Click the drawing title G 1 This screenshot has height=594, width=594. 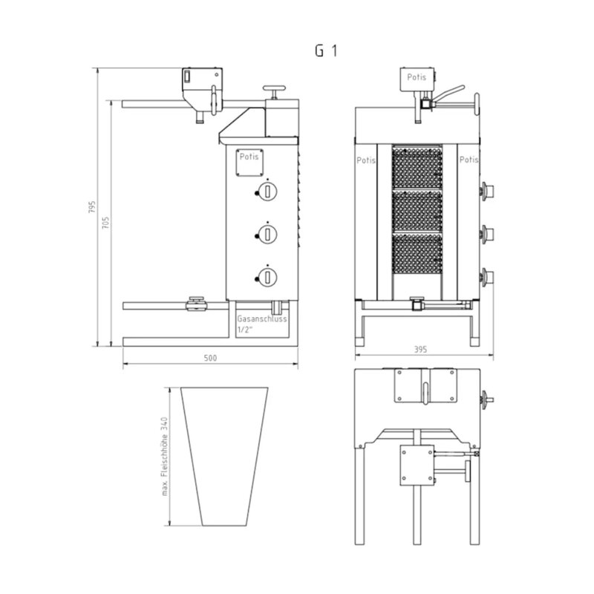(x=326, y=50)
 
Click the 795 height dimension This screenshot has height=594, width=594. (x=92, y=207)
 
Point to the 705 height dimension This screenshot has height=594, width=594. (x=105, y=222)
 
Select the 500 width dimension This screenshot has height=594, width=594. (x=210, y=358)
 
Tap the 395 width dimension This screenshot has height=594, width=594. (x=420, y=349)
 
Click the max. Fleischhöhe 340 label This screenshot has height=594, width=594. (x=164, y=457)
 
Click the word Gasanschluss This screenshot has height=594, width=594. (x=262, y=319)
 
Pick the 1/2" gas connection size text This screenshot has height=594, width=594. (x=244, y=330)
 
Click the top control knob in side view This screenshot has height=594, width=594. (x=267, y=192)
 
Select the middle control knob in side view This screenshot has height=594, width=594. (x=267, y=234)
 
